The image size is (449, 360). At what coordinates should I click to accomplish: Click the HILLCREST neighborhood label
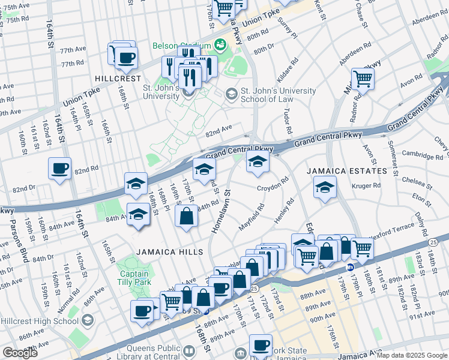coord(117,79)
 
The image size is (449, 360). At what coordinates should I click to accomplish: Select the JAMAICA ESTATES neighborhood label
coord(347,171)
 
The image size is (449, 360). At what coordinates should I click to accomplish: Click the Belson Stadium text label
coord(180,46)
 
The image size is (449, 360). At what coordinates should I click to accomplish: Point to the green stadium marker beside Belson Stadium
coord(220,45)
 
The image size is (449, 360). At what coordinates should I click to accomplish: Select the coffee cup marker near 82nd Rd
coord(59,169)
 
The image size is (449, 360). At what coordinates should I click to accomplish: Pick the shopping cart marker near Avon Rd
coord(363,78)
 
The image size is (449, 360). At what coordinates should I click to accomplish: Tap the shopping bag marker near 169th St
coord(187,216)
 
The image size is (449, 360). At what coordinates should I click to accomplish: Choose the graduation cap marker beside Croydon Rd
coord(258,162)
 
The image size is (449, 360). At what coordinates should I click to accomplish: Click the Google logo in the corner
coord(20,353)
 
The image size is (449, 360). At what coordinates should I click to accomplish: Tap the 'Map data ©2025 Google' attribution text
coord(412,355)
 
